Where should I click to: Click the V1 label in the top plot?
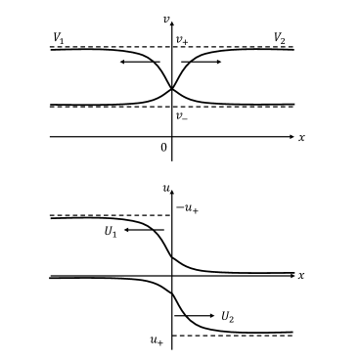point(60,38)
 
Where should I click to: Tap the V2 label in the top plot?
point(280,38)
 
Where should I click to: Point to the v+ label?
point(182,40)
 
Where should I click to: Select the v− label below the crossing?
point(181,115)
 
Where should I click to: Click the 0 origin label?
point(163,147)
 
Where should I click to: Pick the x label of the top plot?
point(301,137)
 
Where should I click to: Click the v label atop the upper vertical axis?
point(166,19)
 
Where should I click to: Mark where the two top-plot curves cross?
point(172,88)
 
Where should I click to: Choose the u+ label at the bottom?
point(157,339)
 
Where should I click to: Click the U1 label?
point(111,232)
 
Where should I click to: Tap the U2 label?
point(227,316)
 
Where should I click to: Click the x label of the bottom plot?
point(301,276)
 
